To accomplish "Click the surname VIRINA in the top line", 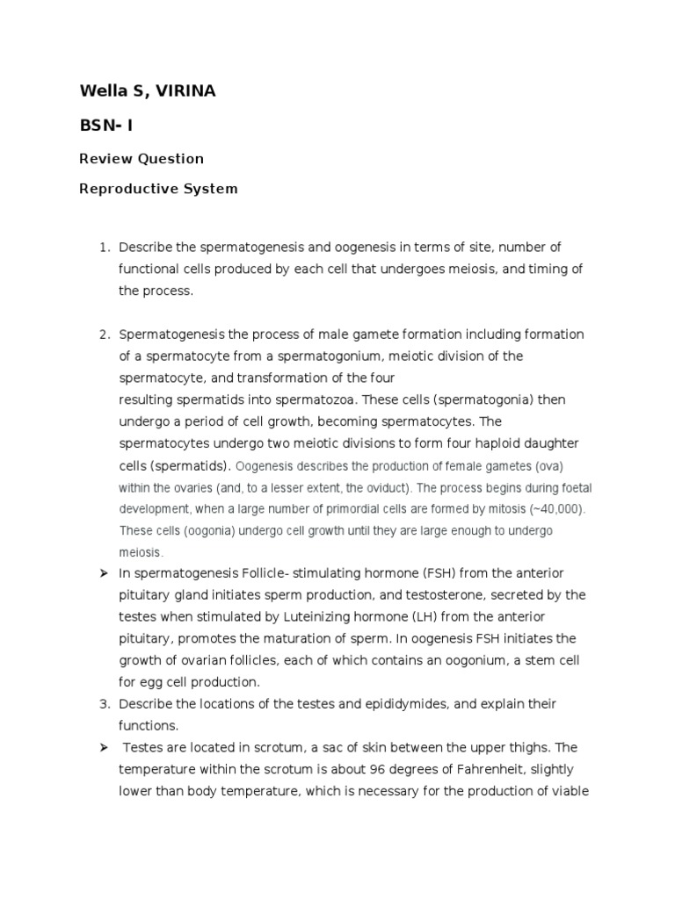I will pyautogui.click(x=183, y=91).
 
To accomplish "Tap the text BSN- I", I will pyautogui.click(x=106, y=125).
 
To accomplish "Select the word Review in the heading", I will pyautogui.click(x=104, y=159).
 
